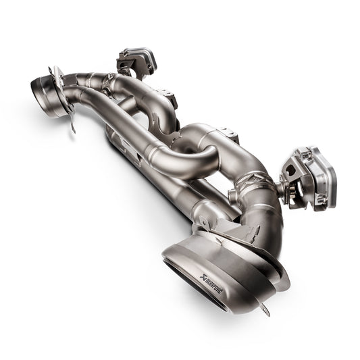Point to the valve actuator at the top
click(138, 61)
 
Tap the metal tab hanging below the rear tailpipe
click(70, 123)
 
